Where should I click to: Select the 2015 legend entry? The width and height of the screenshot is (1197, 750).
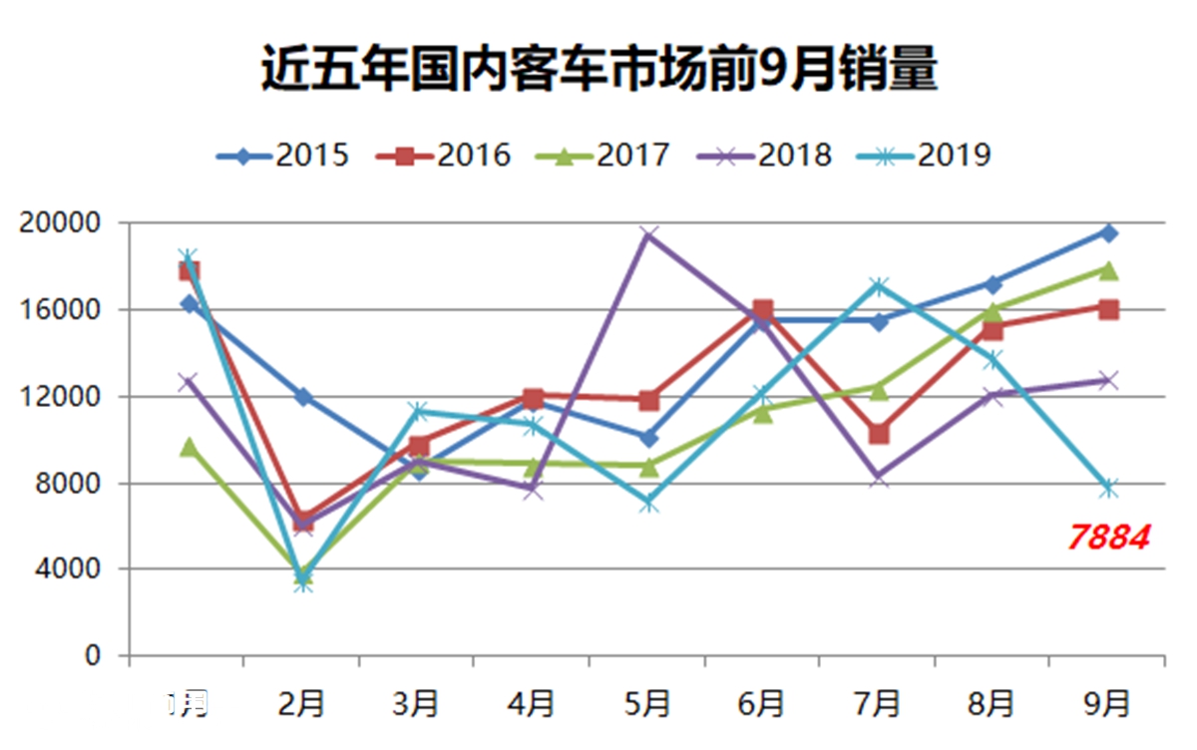(283, 156)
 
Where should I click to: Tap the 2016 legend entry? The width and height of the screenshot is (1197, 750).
(445, 156)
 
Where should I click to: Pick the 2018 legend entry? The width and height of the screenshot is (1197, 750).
(767, 156)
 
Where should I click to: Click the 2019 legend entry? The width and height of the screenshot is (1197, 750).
(927, 156)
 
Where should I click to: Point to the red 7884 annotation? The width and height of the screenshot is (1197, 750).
(1108, 538)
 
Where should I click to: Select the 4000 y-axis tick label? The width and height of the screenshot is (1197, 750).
(67, 569)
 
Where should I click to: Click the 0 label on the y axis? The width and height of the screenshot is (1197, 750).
(92, 656)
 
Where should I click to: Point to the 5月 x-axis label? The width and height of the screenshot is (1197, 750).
(647, 704)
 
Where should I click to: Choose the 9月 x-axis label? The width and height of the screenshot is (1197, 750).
(1107, 704)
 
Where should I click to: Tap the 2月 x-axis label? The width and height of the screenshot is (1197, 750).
(302, 704)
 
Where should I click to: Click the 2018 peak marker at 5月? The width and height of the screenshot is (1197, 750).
(649, 234)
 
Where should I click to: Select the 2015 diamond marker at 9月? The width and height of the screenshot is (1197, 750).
(1108, 232)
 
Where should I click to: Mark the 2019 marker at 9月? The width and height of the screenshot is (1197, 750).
(1108, 488)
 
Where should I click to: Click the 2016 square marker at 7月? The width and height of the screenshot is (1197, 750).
(879, 434)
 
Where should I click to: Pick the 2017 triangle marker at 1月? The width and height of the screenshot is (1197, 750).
(189, 447)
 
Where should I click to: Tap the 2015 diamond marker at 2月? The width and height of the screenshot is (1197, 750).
(303, 397)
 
